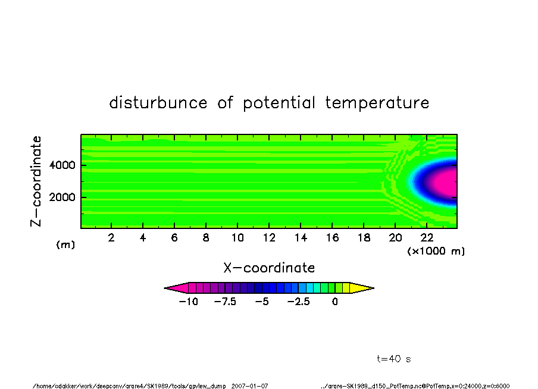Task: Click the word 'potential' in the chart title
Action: pyautogui.click(x=279, y=103)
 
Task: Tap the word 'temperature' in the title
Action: pyautogui.click(x=377, y=102)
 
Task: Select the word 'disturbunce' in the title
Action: pyautogui.click(x=158, y=102)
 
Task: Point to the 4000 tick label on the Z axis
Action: pyautogui.click(x=62, y=165)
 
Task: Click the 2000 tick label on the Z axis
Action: pyautogui.click(x=62, y=197)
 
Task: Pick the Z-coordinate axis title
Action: pyautogui.click(x=36, y=181)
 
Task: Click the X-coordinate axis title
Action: pyautogui.click(x=269, y=268)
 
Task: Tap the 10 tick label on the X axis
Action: pyautogui.click(x=237, y=237)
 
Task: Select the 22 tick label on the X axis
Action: pyautogui.click(x=427, y=237)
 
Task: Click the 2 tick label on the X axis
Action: pyautogui.click(x=111, y=237)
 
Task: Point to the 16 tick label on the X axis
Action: pyautogui.click(x=332, y=237)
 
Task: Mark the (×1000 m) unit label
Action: pyautogui.click(x=436, y=251)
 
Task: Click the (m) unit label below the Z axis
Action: pyautogui.click(x=65, y=244)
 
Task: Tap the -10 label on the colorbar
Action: pyautogui.click(x=189, y=302)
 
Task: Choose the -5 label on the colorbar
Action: pyautogui.click(x=262, y=302)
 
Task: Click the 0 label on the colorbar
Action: pyautogui.click(x=335, y=302)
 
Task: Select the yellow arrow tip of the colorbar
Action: pyautogui.click(x=373, y=288)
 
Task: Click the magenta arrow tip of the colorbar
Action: pyautogui.click(x=165, y=288)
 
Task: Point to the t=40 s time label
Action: pyautogui.click(x=394, y=359)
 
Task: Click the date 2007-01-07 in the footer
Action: pyautogui.click(x=250, y=386)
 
